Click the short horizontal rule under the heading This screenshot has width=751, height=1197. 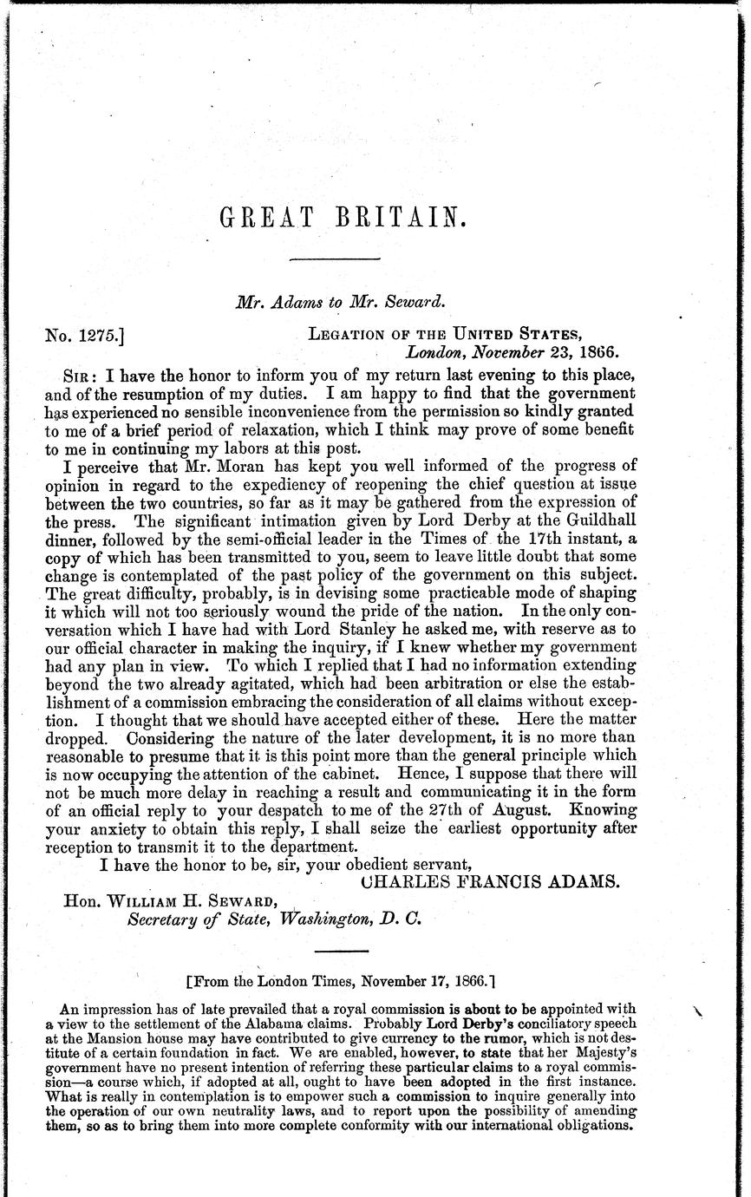[334, 258]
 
